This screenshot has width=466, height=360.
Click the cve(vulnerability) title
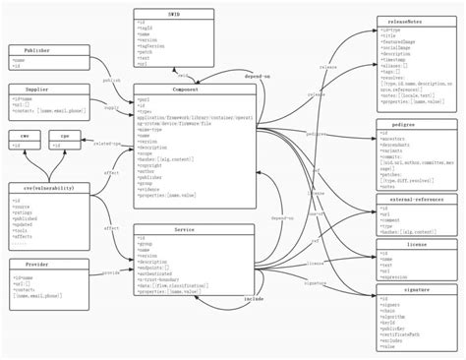point(42,188)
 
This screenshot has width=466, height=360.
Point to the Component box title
point(194,90)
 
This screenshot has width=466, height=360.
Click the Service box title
point(194,229)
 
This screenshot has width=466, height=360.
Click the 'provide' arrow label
point(110,272)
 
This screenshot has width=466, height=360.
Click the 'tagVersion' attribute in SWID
point(157,45)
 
